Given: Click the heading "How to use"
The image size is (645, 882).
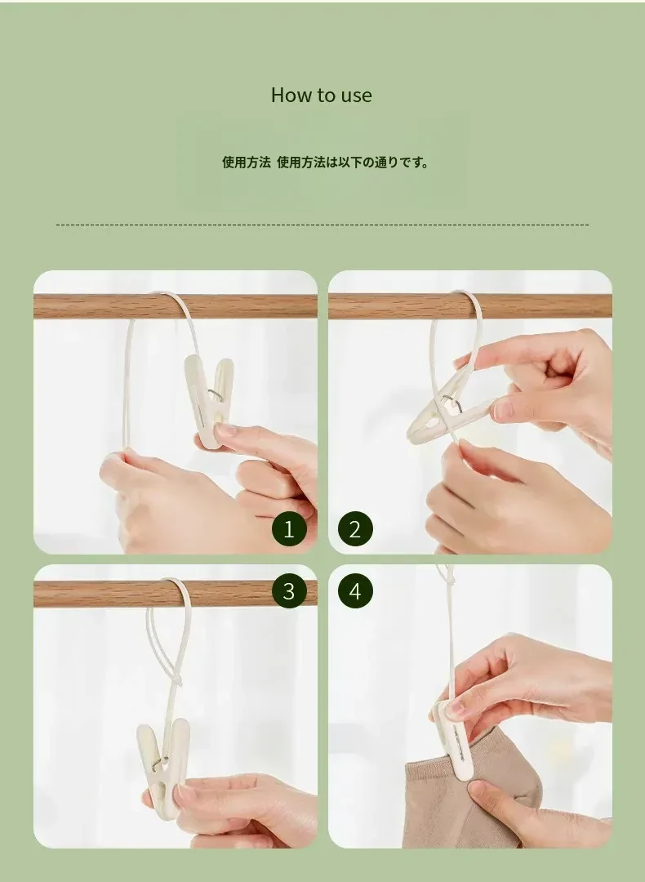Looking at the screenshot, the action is (x=321, y=95).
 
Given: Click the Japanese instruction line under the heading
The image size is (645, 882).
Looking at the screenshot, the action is (x=326, y=163).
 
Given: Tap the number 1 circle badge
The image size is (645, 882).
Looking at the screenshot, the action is (x=289, y=529).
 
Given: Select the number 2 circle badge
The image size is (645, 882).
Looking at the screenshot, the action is (x=355, y=529).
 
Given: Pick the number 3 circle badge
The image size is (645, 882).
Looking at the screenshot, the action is (x=289, y=591).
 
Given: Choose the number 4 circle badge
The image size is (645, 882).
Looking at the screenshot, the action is (x=355, y=591).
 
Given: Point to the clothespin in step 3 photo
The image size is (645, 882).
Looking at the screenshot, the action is (x=162, y=766).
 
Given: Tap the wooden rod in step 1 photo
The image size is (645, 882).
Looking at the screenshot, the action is (x=176, y=306).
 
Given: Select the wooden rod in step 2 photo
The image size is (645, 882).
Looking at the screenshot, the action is (x=470, y=306).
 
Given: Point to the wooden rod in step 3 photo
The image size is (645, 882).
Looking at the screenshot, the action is (x=176, y=594).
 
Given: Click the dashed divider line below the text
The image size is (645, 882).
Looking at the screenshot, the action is (x=322, y=225).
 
